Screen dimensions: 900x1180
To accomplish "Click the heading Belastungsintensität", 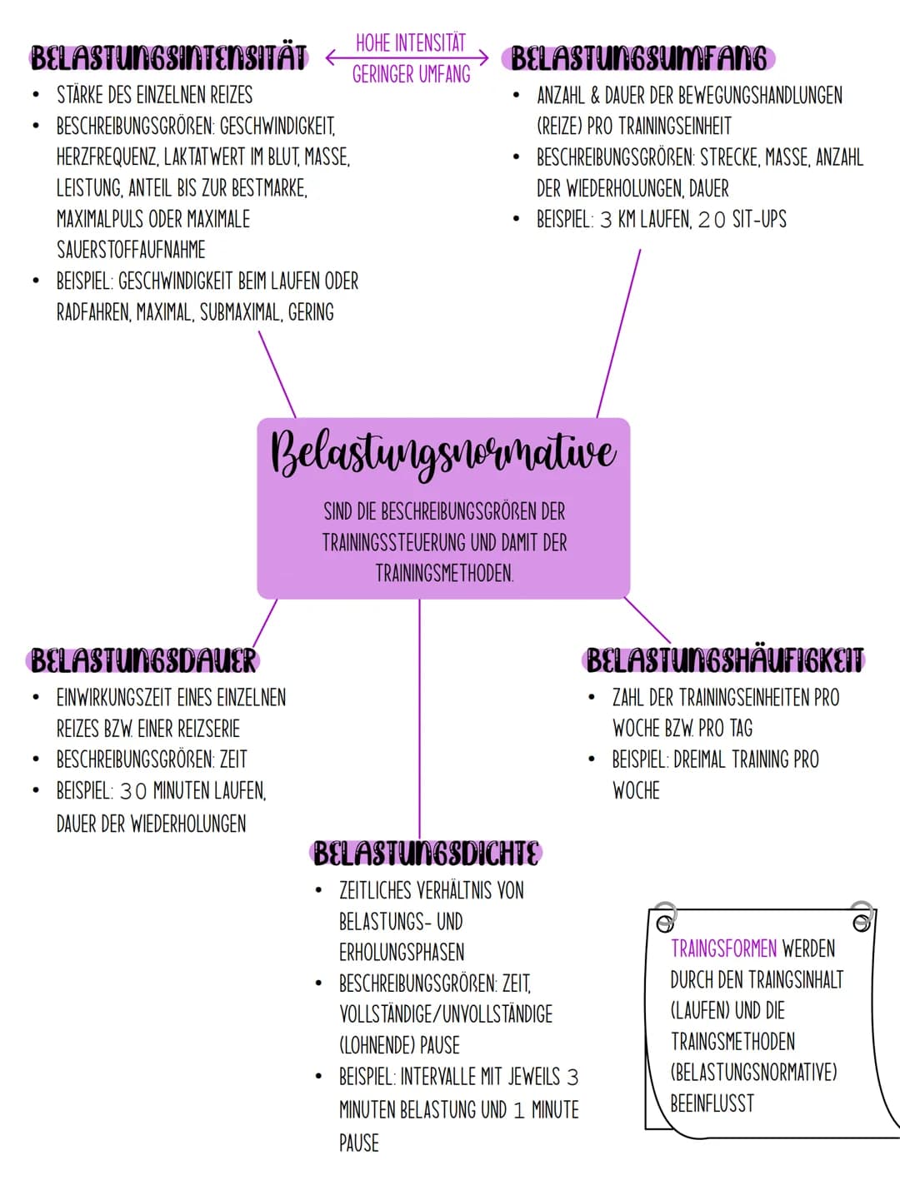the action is pyautogui.click(x=168, y=57).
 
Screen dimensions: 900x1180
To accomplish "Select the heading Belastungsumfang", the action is pyautogui.click(x=638, y=58).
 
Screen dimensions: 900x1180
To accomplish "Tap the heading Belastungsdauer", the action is pyautogui.click(x=143, y=660).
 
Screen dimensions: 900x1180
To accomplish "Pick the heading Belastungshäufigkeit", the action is pyautogui.click(x=724, y=660).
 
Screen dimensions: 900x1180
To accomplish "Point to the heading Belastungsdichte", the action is pyautogui.click(x=426, y=854).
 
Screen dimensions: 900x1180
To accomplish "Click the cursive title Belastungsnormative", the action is pyautogui.click(x=443, y=453).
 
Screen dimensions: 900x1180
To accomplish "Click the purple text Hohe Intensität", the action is pyautogui.click(x=411, y=43).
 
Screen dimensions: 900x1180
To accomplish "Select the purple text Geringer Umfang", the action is pyautogui.click(x=411, y=74).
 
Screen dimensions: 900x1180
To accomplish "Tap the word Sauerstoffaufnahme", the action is pyautogui.click(x=132, y=250).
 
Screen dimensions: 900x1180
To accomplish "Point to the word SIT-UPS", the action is pyautogui.click(x=760, y=219).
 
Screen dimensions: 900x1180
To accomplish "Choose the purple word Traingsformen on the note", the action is pyautogui.click(x=723, y=948).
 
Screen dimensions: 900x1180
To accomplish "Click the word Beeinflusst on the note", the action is pyautogui.click(x=712, y=1103).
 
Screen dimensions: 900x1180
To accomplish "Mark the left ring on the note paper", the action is pyautogui.click(x=666, y=918).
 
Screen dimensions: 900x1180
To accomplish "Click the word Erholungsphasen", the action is pyautogui.click(x=402, y=952).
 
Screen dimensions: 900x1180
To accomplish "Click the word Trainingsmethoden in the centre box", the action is pyautogui.click(x=444, y=574).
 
